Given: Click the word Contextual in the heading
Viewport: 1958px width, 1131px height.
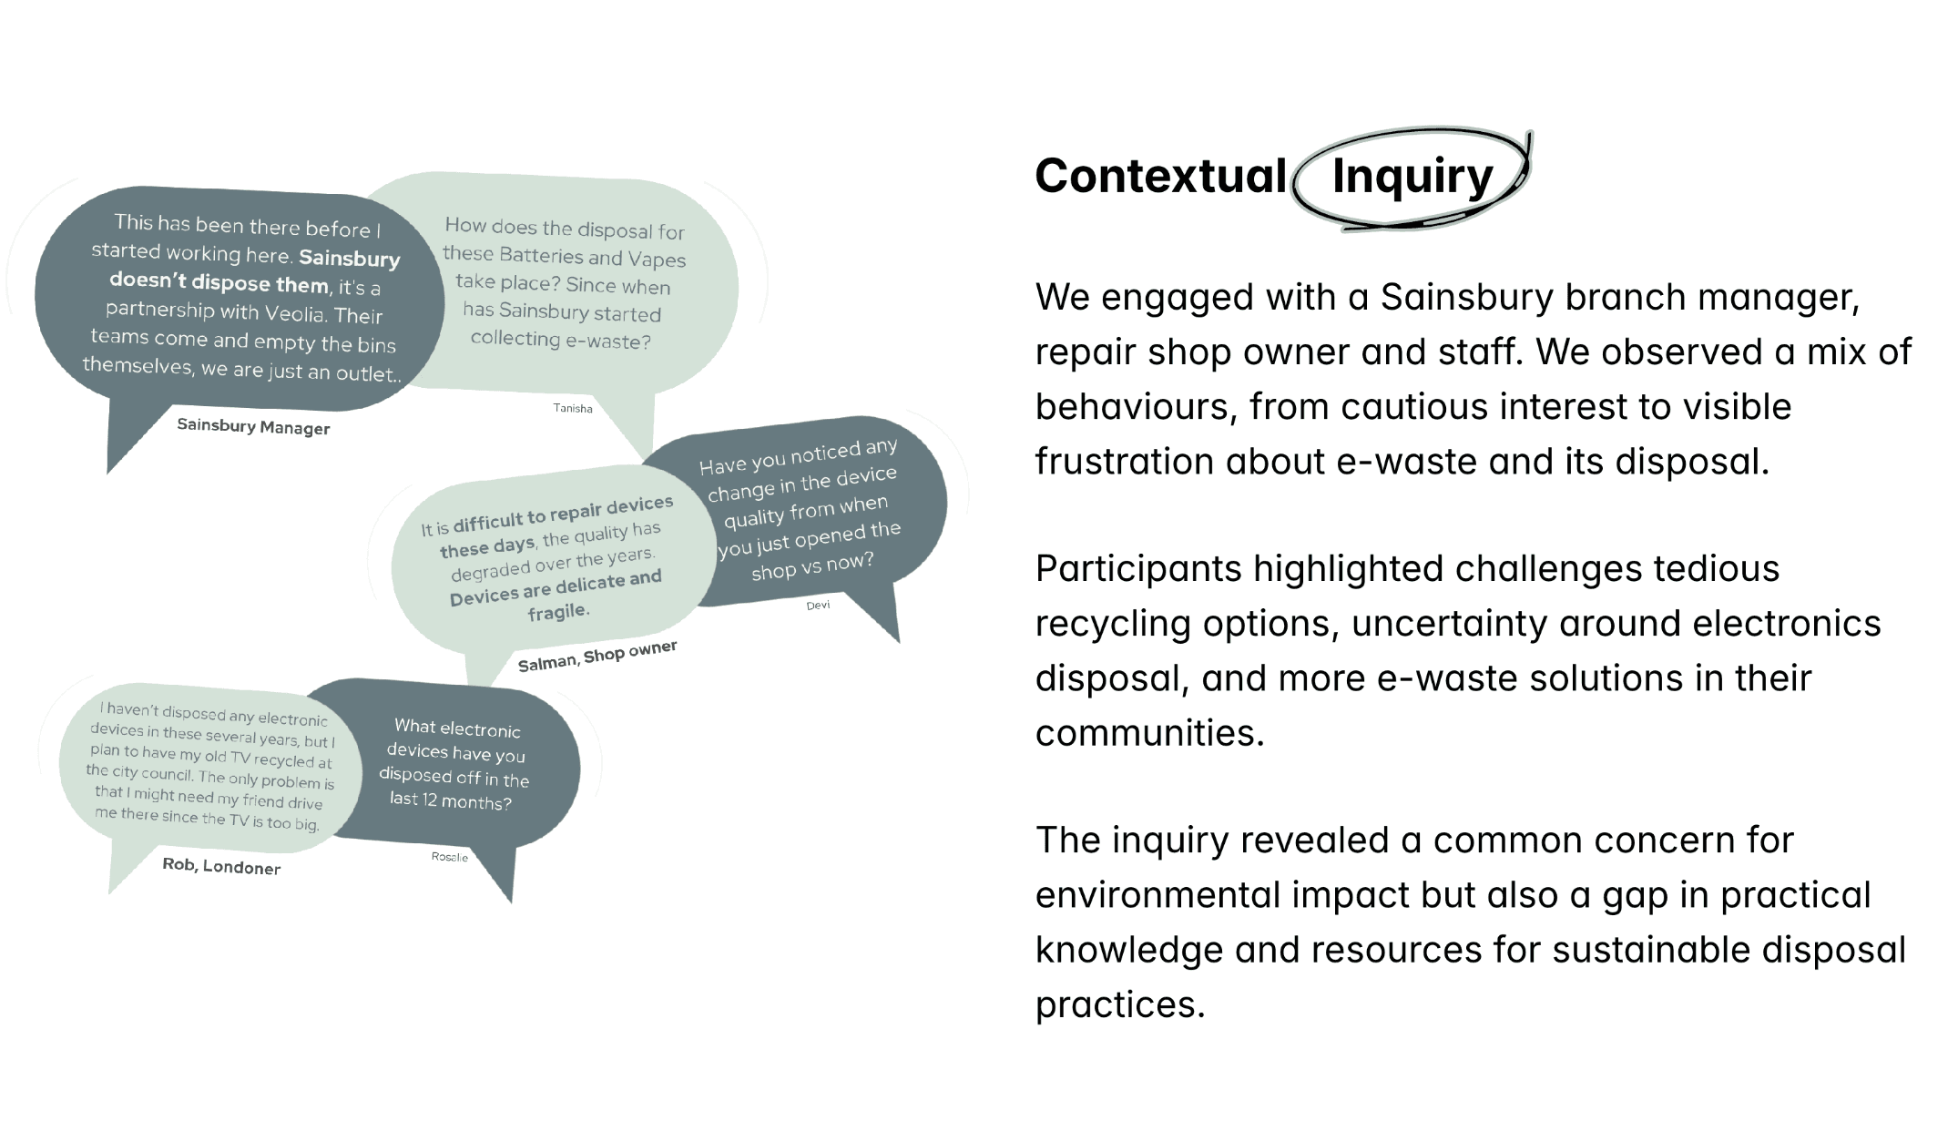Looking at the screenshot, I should [1160, 176].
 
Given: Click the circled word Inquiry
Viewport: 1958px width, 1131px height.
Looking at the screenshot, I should [1412, 177].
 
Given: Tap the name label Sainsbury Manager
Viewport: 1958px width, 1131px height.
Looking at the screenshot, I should [253, 426].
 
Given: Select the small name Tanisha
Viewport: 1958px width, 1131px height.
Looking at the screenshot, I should [573, 408].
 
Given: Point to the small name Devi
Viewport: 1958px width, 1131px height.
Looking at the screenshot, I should [818, 605].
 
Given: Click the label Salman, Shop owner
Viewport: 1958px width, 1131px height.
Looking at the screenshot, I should [597, 657].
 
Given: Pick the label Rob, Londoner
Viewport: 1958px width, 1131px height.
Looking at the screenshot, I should [221, 866].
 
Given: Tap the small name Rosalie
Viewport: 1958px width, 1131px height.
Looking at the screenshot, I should [450, 857].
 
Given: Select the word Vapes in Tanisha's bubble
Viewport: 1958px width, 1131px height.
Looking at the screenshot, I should [656, 260].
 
